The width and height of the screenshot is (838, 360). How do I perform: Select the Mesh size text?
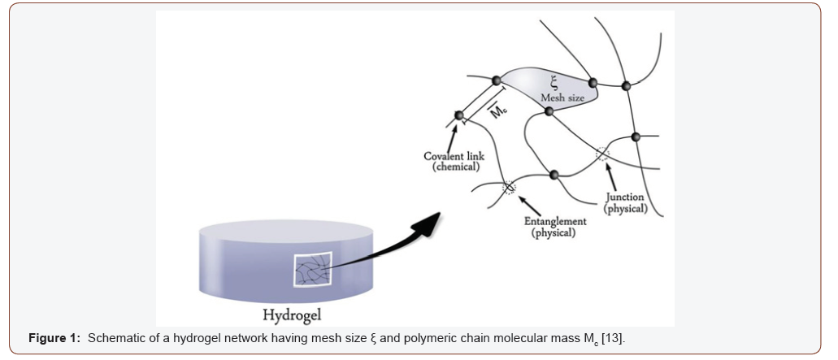562,98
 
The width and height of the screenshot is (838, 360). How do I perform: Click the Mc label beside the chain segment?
498,111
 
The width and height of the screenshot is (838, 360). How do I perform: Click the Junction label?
625,197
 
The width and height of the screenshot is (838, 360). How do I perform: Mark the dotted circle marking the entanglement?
509,188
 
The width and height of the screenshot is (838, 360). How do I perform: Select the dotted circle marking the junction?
603,154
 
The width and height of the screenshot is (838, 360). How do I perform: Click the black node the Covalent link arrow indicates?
459,116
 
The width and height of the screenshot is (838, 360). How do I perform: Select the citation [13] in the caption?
612,337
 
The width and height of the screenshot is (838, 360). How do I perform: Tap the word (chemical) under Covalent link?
455,167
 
